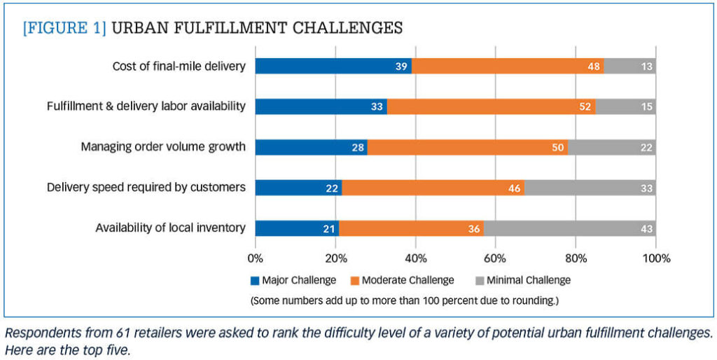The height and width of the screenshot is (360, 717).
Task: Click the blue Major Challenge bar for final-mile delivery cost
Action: [x=333, y=67]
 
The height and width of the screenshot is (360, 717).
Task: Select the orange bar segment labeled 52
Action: [x=491, y=106]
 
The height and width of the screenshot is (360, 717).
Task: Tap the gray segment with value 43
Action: [x=569, y=228]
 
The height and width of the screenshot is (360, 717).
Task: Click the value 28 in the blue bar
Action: [x=358, y=147]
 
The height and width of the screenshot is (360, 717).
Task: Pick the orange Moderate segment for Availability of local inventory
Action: [x=411, y=228]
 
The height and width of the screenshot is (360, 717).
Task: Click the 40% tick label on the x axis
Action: [x=415, y=258]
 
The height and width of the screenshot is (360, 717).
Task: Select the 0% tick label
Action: [x=256, y=258]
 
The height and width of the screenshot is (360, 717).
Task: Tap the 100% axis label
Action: [x=655, y=258]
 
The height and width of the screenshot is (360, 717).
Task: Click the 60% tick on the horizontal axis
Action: [x=495, y=258]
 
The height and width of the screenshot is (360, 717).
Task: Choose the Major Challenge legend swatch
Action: [x=255, y=281]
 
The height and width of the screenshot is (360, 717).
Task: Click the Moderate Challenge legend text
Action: [x=408, y=280]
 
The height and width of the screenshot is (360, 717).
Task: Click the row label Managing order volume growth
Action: [x=163, y=147]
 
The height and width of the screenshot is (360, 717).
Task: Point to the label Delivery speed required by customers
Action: [x=146, y=188]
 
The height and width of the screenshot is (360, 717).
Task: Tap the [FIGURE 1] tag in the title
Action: [x=64, y=28]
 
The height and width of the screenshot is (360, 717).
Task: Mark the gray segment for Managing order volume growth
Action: [x=611, y=147]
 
